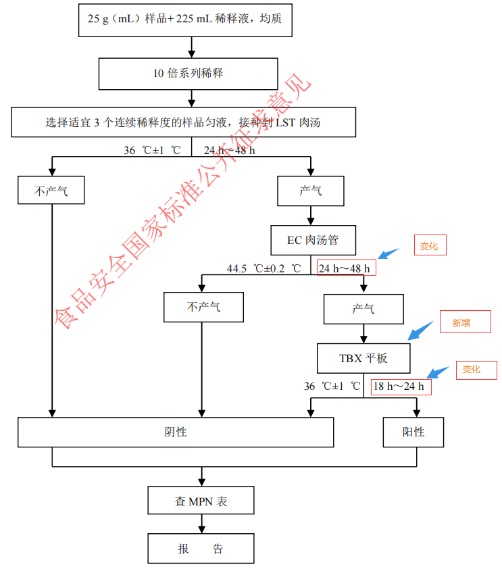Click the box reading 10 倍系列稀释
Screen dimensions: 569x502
(x=188, y=73)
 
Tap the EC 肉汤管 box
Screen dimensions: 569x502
(x=312, y=241)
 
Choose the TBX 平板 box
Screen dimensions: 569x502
(x=363, y=358)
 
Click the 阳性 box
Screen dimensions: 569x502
(x=413, y=432)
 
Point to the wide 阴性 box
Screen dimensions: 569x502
(x=176, y=432)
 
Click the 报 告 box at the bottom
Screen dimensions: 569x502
(x=201, y=549)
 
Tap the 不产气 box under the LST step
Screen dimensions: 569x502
(x=51, y=191)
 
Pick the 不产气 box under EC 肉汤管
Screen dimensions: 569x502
(x=203, y=307)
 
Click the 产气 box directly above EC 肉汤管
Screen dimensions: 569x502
(x=311, y=191)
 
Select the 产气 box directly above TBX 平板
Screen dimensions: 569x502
(x=363, y=309)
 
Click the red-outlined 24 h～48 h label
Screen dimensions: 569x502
(x=346, y=268)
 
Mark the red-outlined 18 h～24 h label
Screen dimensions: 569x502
(x=401, y=387)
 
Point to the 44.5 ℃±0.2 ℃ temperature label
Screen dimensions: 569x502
(x=263, y=268)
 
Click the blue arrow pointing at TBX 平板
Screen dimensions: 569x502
(x=420, y=330)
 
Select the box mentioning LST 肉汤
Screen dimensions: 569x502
(x=182, y=122)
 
